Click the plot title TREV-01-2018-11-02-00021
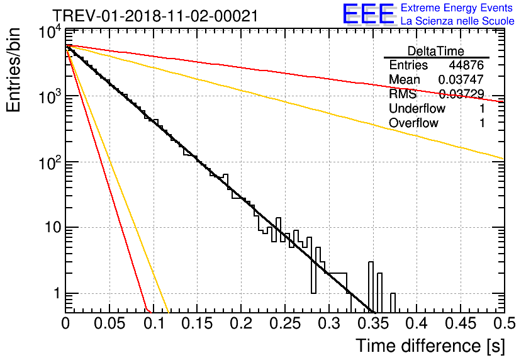[155, 16]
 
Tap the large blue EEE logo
[368, 14]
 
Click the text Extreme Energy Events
[457, 8]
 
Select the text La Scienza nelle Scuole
[457, 21]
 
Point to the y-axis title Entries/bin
[13, 70]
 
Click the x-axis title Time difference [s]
[430, 346]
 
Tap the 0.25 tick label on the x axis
[285, 323]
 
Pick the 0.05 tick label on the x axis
[109, 323]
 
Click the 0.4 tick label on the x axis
[417, 323]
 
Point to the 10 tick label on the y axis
[53, 227]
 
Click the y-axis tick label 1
[57, 293]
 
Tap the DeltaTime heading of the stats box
[436, 51]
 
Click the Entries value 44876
[467, 65]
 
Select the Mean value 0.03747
[461, 79]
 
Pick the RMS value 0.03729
[462, 94]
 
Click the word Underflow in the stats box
[417, 108]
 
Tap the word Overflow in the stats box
[413, 123]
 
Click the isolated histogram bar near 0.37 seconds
[393, 303]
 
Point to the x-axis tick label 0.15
[198, 323]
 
